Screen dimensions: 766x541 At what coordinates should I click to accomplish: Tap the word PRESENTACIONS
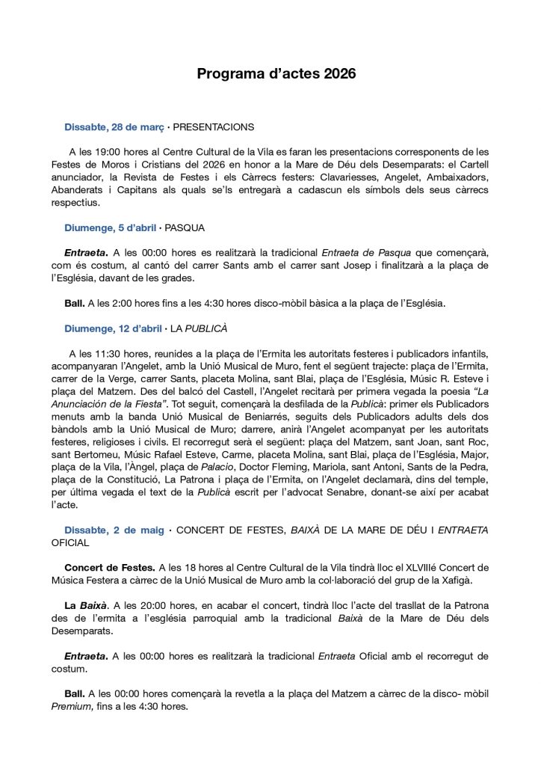[x=214, y=127]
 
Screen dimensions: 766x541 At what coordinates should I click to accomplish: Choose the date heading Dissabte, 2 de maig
[x=114, y=530]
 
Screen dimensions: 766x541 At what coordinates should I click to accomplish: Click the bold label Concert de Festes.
[x=110, y=568]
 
